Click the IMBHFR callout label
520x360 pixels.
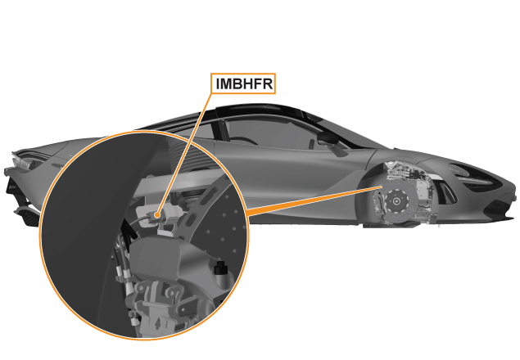pyautogui.click(x=243, y=83)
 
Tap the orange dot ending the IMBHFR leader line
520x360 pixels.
pyautogui.click(x=157, y=215)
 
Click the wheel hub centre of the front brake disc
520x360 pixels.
pyautogui.click(x=396, y=200)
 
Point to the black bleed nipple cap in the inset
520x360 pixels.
pyautogui.click(x=219, y=268)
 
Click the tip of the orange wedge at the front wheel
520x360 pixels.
pyautogui.click(x=382, y=187)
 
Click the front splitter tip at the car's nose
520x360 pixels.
pyautogui.click(x=511, y=217)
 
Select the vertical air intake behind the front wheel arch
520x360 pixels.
pyautogui.click(x=447, y=192)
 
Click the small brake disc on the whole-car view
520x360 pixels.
pyautogui.click(x=396, y=201)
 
